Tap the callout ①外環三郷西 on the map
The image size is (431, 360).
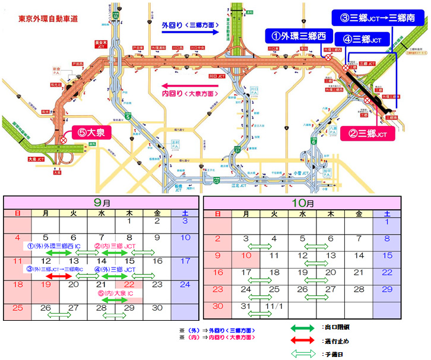tap(296, 36)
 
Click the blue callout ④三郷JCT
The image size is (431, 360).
tap(367, 39)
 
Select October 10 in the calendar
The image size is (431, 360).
tap(245, 255)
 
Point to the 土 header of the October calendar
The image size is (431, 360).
tap(386, 213)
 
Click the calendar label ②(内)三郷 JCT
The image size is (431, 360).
tap(118, 245)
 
